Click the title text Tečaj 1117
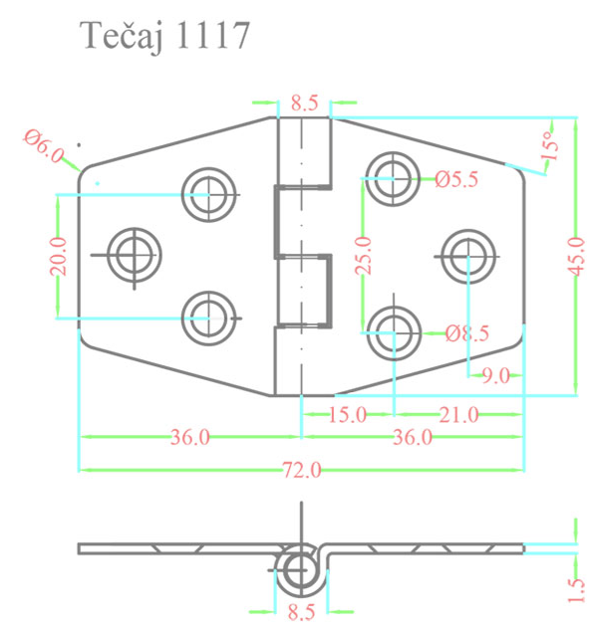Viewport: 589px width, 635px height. [x=164, y=37]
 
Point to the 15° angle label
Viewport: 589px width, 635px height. [x=549, y=146]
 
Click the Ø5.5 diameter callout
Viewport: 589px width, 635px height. [x=457, y=179]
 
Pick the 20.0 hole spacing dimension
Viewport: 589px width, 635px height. [x=57, y=256]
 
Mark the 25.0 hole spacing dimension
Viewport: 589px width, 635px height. [x=364, y=256]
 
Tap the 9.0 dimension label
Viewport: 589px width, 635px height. [x=495, y=375]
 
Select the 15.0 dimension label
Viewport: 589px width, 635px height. [x=348, y=413]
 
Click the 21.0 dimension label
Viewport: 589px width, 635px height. [x=458, y=413]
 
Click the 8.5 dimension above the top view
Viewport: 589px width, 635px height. [x=304, y=102]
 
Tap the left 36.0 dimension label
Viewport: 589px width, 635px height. [x=189, y=437]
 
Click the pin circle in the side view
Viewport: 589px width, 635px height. [x=299, y=570]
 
